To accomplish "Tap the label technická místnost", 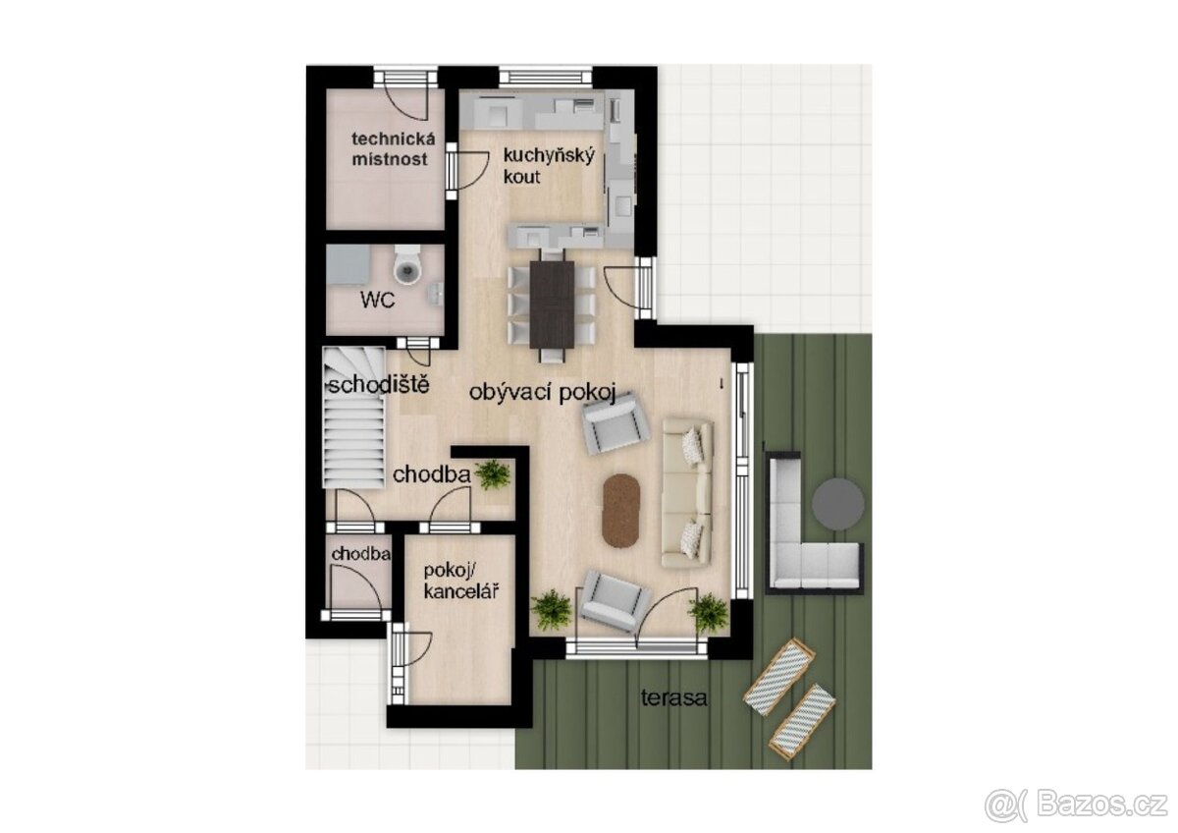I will [389, 149].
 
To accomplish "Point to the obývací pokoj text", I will [541, 394].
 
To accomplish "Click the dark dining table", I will [552, 303].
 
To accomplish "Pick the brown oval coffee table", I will [620, 510].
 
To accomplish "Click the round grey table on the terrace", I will [838, 502].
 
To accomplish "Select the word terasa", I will [674, 698].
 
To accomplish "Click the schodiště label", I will [377, 384].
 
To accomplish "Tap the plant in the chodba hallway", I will [492, 474].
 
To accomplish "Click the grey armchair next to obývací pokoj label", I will [616, 423].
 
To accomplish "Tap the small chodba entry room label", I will [360, 555].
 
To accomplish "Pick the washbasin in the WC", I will [435, 290].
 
